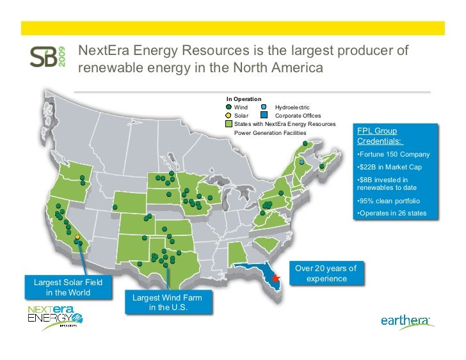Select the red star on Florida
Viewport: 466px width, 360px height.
pos(277,279)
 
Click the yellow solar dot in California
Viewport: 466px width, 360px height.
pos(77,237)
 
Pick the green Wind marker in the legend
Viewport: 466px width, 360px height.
pos(230,107)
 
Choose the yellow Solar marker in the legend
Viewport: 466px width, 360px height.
pos(230,116)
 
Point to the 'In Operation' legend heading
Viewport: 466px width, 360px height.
pos(244,99)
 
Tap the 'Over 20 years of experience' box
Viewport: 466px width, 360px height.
pos(326,273)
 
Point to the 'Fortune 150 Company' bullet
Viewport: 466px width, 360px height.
pos(392,155)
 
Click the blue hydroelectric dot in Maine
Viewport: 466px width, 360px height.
pos(302,162)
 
